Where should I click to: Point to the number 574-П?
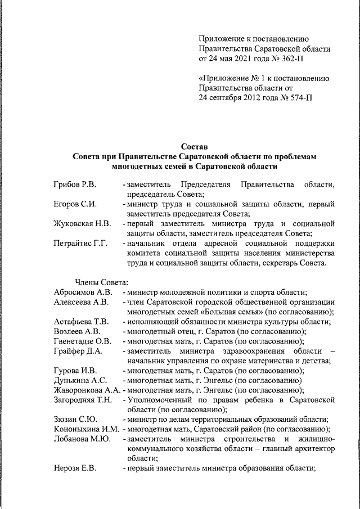[x=296, y=97]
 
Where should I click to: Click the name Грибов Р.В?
[x=75, y=184]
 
